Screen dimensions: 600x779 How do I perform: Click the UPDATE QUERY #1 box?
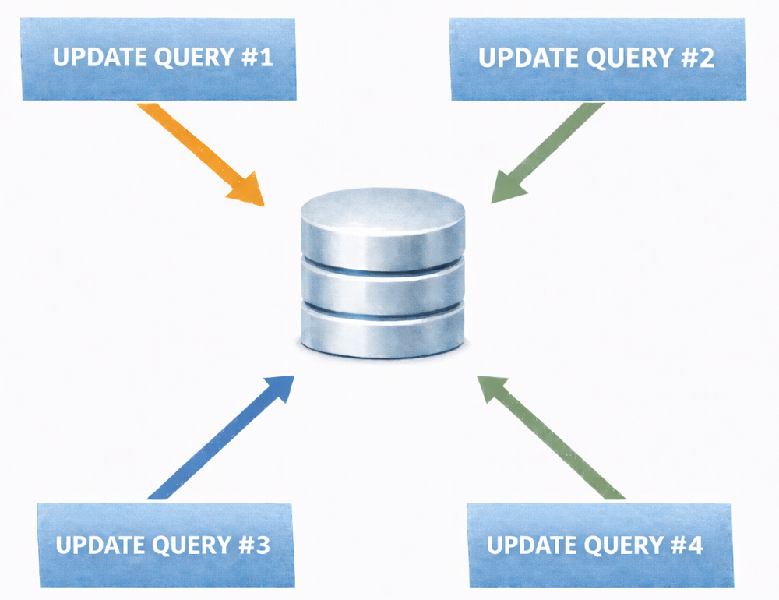click(159, 58)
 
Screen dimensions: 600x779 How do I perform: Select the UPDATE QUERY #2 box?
click(597, 58)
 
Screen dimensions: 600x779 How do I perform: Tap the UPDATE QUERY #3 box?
click(166, 545)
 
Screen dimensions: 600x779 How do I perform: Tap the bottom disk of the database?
click(382, 331)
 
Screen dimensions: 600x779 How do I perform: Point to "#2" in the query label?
click(697, 58)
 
